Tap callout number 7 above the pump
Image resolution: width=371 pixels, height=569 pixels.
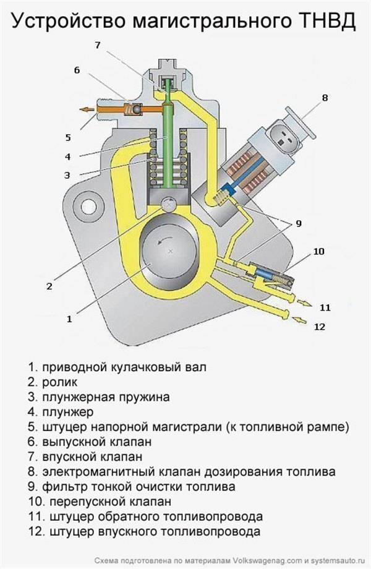point(98,44)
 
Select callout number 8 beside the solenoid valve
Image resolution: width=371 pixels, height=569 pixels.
point(325,97)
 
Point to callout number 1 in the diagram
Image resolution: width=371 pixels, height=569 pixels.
point(69,319)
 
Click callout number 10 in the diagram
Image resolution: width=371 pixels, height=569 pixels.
point(319,252)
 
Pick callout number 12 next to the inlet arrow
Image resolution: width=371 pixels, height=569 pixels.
point(319,326)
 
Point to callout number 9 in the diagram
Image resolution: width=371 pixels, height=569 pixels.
point(297,223)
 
